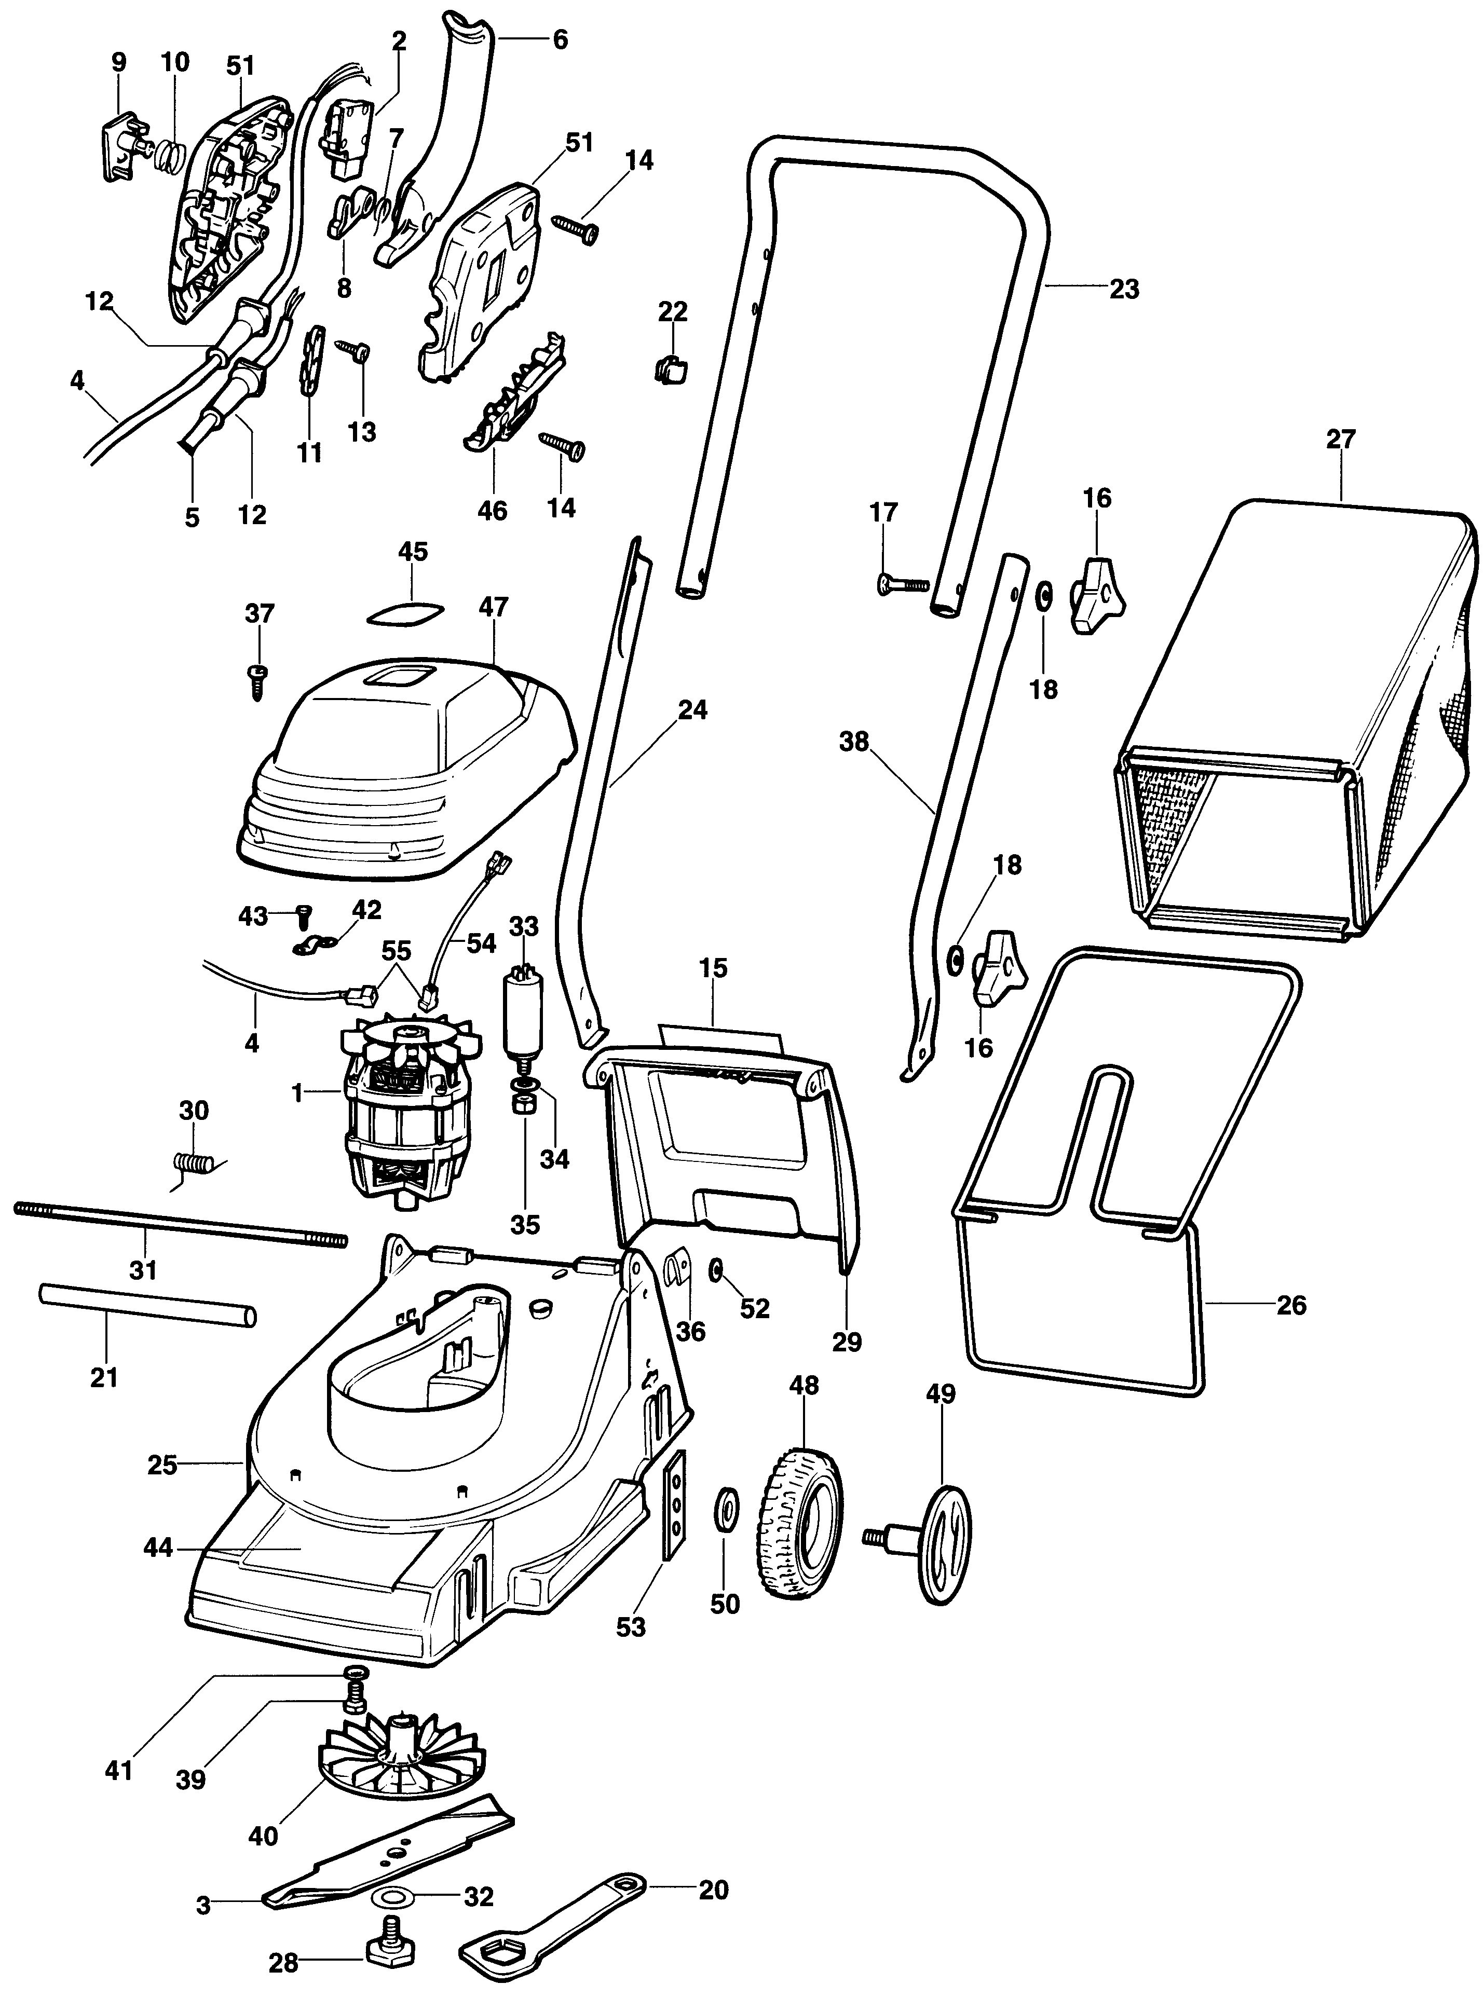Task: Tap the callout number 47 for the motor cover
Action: click(x=493, y=607)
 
